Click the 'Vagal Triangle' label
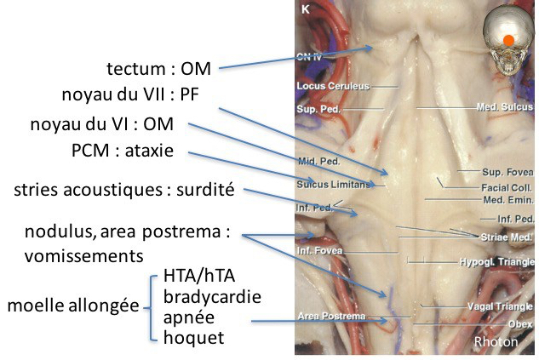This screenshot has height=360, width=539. pos(501,306)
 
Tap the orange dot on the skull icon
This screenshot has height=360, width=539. pos(508,39)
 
